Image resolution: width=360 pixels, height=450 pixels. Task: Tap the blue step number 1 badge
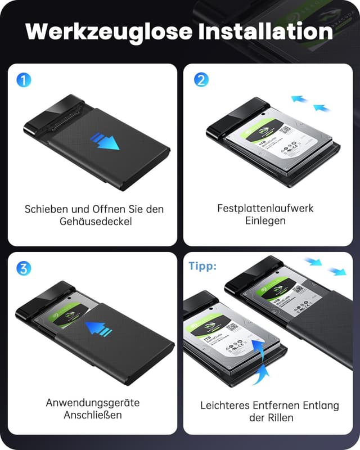23,80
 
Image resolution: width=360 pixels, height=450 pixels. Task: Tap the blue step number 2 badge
201,80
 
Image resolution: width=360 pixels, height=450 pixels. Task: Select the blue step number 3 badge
23,268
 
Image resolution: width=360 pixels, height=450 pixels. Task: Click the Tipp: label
202,266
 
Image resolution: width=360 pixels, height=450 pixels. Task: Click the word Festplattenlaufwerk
265,208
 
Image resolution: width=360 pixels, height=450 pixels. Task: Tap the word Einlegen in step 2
265,221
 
